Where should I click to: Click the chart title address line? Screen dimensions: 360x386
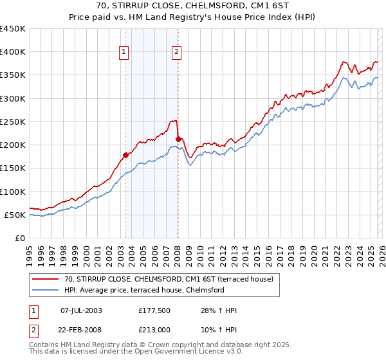[193, 5]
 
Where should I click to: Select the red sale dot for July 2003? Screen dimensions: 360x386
[126, 155]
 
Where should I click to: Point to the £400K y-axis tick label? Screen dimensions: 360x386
[13, 52]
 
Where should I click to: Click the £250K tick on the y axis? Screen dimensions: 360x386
[13, 122]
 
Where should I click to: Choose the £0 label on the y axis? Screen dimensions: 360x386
[19, 238]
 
